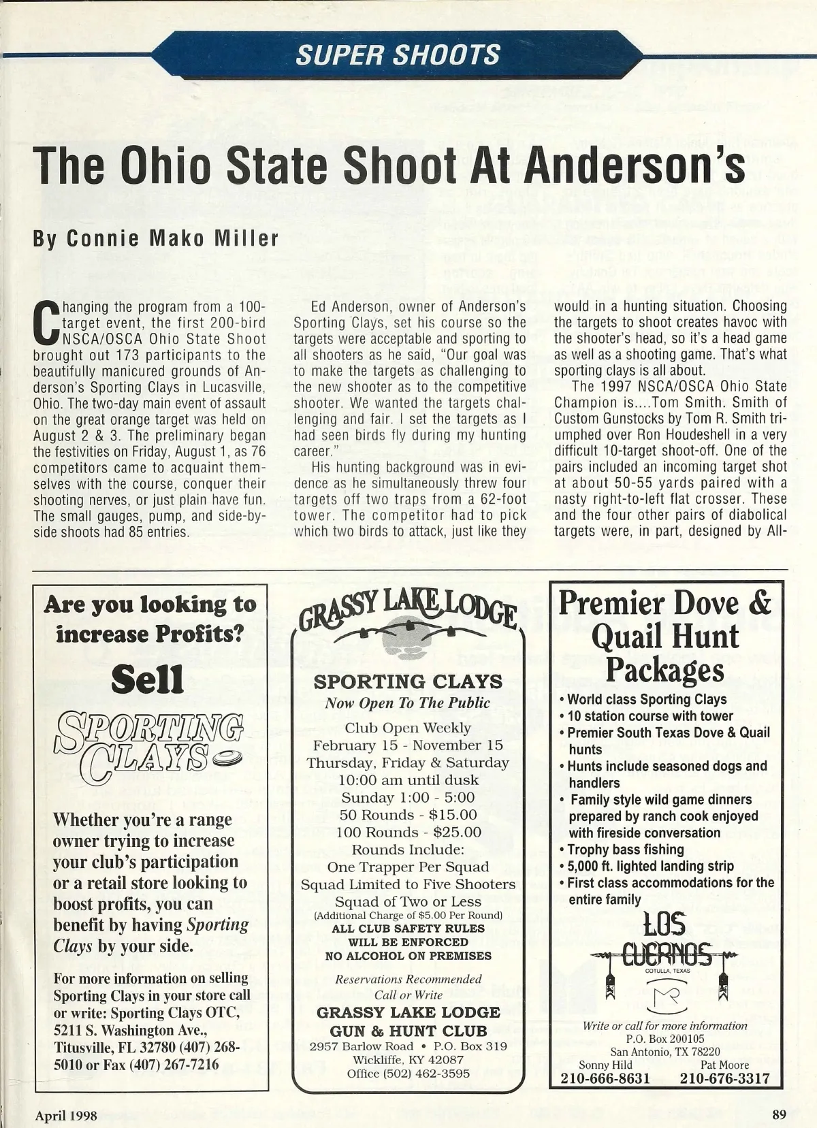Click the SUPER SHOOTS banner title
398,54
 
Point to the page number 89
780,1114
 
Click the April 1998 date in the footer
66,1115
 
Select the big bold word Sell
148,680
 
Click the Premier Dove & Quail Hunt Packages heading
665,637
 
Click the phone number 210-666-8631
605,1078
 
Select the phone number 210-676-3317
724,1078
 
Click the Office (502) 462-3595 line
408,1074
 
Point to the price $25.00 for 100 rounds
457,832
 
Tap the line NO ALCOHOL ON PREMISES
408,956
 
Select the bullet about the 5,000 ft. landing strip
650,866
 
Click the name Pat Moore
724,1065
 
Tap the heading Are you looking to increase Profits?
150,619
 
